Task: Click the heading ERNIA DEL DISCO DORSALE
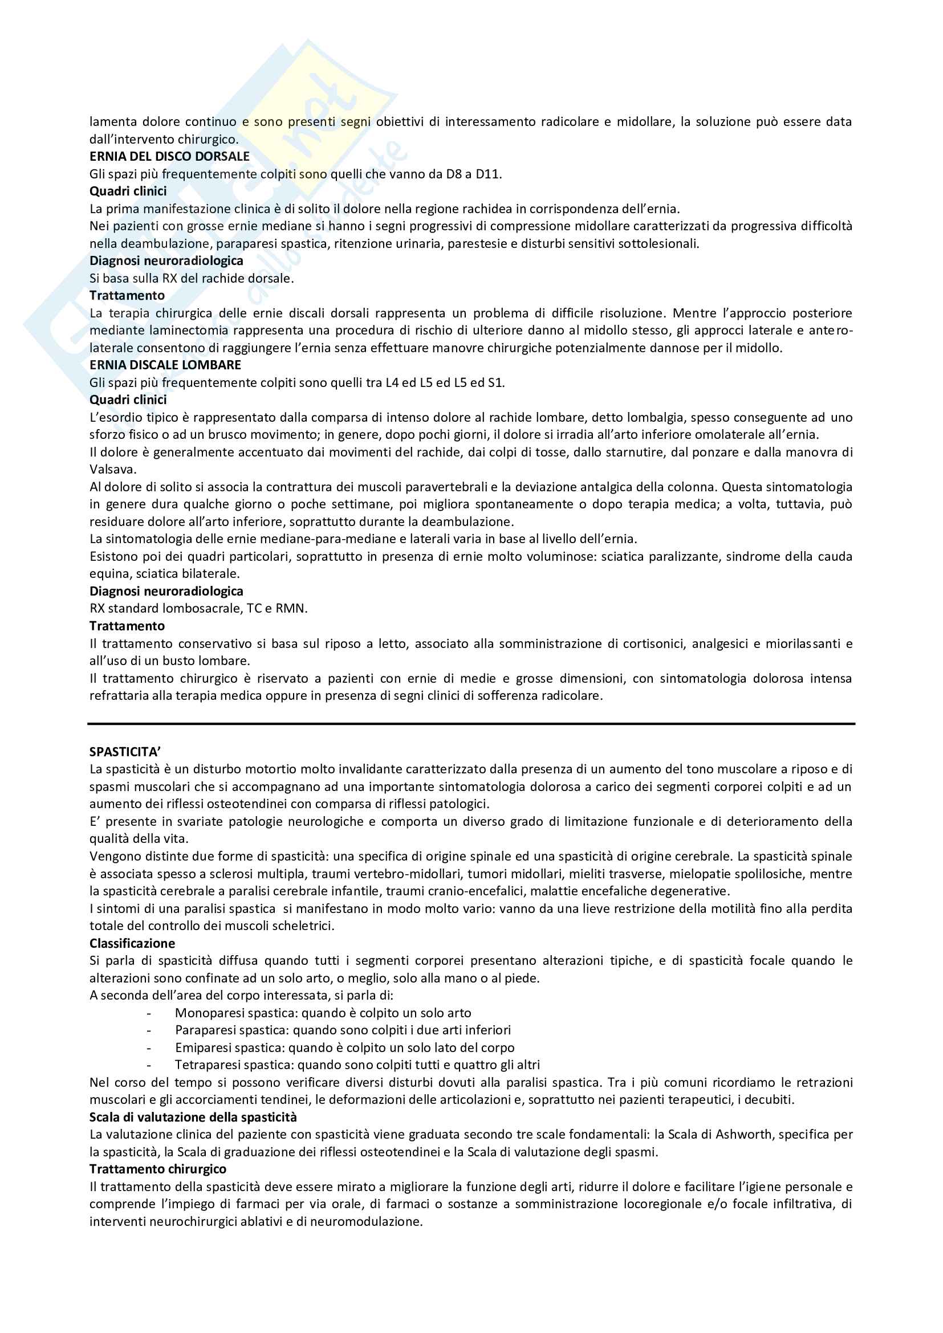pyautogui.click(x=169, y=156)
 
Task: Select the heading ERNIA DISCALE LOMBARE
pyautogui.click(x=165, y=365)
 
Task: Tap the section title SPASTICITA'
pyautogui.click(x=124, y=752)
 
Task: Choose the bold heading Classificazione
pyautogui.click(x=132, y=943)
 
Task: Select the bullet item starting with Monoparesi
pyautogui.click(x=322, y=1013)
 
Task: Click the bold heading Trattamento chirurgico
pyautogui.click(x=157, y=1169)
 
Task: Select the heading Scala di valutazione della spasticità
pyautogui.click(x=193, y=1117)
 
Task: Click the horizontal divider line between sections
pyautogui.click(x=471, y=724)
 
